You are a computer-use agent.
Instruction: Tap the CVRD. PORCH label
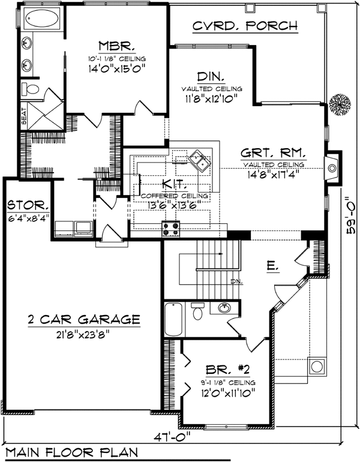(x=245, y=26)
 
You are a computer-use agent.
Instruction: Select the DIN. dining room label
(x=211, y=77)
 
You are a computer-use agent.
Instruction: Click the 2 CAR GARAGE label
(x=84, y=319)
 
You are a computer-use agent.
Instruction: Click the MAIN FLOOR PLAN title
(x=71, y=452)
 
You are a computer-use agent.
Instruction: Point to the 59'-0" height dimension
(x=349, y=219)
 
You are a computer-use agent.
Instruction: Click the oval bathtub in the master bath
(x=41, y=22)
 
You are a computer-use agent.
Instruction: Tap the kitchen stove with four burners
(x=171, y=227)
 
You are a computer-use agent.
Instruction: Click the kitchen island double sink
(x=199, y=160)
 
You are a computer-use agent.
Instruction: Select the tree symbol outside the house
(x=340, y=105)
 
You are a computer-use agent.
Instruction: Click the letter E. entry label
(x=272, y=266)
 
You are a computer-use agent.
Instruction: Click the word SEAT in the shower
(x=24, y=118)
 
